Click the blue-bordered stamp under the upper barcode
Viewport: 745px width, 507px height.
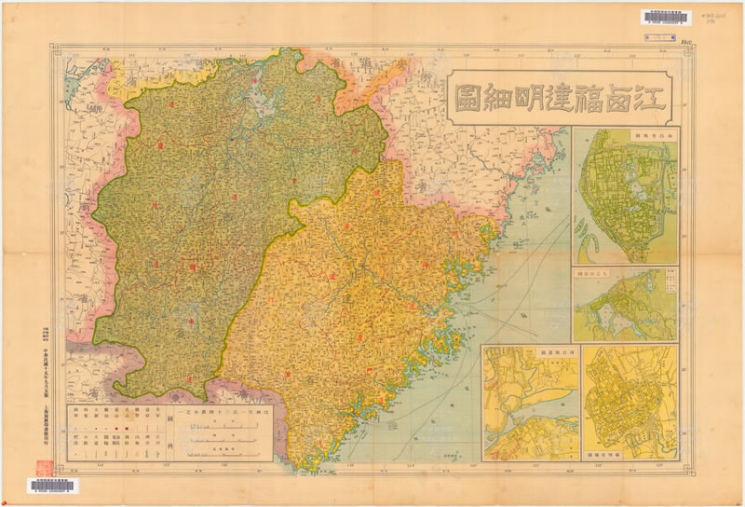pos(661,37)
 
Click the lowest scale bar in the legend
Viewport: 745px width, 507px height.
pos(224,454)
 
